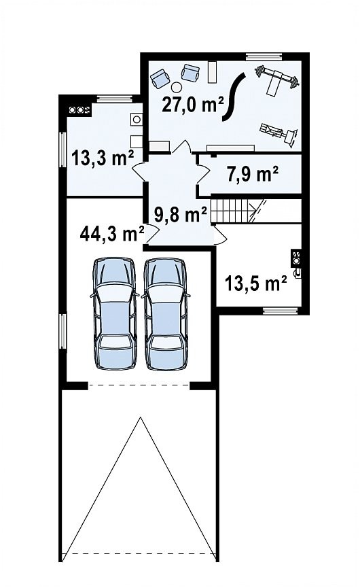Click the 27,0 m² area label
click(x=193, y=104)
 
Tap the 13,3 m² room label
click(x=103, y=158)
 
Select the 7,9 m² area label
click(x=253, y=174)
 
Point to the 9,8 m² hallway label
click(x=181, y=215)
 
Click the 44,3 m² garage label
click(x=112, y=234)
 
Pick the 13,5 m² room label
click(x=256, y=283)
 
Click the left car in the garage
click(x=115, y=313)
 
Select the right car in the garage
click(x=166, y=313)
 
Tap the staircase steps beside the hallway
click(x=230, y=211)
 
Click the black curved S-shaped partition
click(x=234, y=97)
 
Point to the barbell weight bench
click(x=276, y=80)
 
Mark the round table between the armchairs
click(x=176, y=87)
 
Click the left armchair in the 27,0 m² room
click(x=160, y=78)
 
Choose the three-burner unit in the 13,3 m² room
click(x=79, y=110)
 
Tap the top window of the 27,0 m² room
click(x=264, y=56)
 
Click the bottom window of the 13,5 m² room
click(x=281, y=311)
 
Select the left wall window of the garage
click(x=62, y=332)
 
